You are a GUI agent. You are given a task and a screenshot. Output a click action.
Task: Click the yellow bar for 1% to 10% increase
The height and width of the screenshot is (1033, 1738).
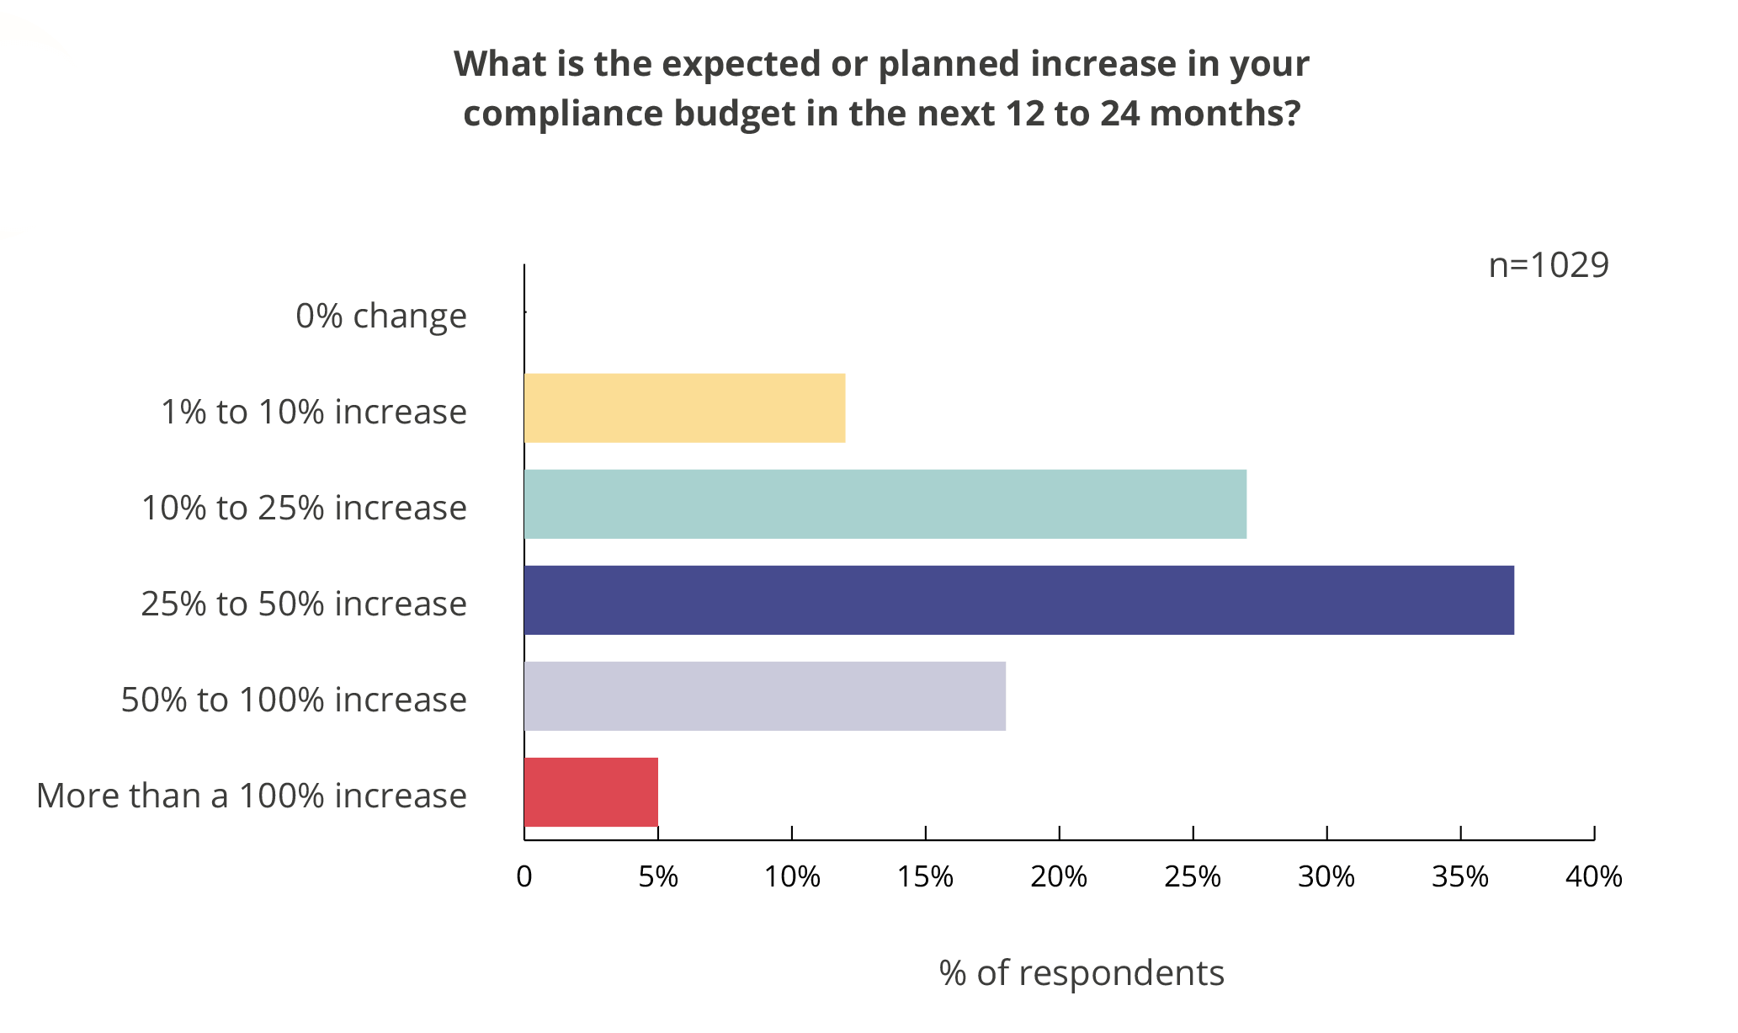(684, 408)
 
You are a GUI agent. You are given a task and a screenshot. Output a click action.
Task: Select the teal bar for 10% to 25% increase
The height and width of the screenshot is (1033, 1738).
(885, 504)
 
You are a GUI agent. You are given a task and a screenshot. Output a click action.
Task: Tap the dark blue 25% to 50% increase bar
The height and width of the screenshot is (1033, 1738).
(1018, 600)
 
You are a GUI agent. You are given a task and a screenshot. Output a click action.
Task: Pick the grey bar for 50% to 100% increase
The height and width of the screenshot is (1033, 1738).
(764, 696)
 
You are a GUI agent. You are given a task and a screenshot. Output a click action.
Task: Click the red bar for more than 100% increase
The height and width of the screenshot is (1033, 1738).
(591, 792)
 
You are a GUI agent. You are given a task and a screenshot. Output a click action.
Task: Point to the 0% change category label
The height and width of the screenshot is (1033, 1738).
(380, 317)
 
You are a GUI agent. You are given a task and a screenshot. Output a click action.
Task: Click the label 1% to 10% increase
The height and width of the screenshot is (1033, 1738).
(313, 413)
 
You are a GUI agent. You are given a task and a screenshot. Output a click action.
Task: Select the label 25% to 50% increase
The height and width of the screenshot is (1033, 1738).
(303, 604)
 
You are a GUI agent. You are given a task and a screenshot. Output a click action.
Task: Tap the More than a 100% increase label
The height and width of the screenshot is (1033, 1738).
(251, 796)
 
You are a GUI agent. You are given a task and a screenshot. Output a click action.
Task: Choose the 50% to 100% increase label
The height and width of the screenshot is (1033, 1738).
(294, 700)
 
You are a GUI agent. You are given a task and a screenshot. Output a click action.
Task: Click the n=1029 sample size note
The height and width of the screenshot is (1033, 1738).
(1548, 265)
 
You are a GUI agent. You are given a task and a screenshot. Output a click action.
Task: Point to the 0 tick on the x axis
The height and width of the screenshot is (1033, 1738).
(524, 877)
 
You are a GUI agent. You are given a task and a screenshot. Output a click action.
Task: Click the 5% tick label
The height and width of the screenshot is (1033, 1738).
(658, 877)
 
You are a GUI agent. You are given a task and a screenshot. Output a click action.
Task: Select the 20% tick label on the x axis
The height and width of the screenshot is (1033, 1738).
(1059, 877)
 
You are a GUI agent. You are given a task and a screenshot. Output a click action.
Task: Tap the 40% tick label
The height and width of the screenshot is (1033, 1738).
(1593, 877)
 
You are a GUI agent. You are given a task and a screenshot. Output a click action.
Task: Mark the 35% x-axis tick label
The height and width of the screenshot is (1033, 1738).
(1460, 877)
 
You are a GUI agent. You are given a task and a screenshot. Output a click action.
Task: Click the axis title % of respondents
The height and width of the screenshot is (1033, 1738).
(1082, 973)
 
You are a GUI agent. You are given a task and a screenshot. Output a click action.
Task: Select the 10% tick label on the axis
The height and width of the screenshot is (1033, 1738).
(791, 877)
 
